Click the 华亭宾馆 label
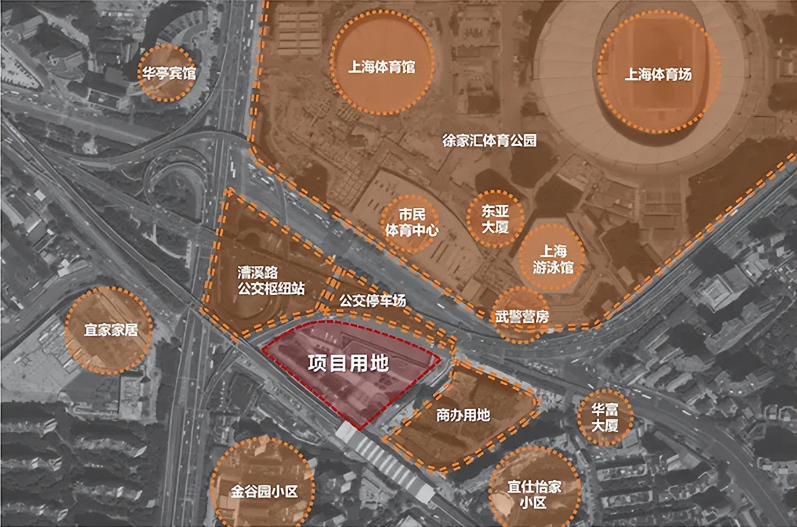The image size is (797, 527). point(169,73)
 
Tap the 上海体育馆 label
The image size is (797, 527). point(381,67)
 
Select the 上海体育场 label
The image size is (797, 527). point(658,74)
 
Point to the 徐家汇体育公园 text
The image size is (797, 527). point(489,140)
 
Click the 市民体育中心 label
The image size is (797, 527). point(411,222)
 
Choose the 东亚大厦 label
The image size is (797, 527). point(495,219)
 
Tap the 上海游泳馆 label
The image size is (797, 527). point(553,259)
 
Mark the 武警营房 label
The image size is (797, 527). point(521,316)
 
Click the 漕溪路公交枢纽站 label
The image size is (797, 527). point(270,280)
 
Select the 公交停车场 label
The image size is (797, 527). point(372,301)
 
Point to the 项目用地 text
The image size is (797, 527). point(347,363)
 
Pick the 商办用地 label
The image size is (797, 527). point(463,415)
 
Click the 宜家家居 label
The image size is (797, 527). point(111,330)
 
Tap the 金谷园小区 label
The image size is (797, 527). point(264,492)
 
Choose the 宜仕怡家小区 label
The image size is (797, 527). point(534,494)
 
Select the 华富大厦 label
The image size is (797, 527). point(604,417)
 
